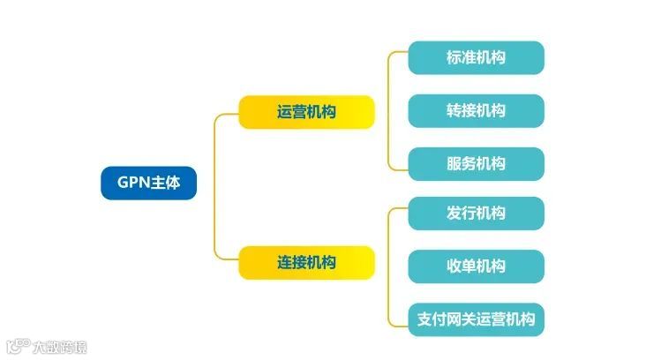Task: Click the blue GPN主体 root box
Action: coord(148,183)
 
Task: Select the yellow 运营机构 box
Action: coord(306,112)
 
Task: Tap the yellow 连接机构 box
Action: coord(306,263)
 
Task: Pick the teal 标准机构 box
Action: coord(476,58)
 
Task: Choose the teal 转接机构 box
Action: coord(476,110)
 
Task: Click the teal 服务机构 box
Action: coord(476,163)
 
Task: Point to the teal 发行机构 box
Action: coord(476,213)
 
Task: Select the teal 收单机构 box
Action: coord(476,266)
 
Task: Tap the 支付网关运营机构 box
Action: coord(476,319)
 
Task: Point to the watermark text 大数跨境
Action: coord(59,347)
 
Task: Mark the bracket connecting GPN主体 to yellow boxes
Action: coord(214,187)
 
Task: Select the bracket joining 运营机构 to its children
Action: coord(389,110)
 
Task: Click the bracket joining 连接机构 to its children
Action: coord(389,265)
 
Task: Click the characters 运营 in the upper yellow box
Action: coord(291,112)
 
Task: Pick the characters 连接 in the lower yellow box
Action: coord(291,263)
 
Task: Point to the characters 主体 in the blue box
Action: coord(167,183)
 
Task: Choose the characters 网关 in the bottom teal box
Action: coord(462,319)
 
